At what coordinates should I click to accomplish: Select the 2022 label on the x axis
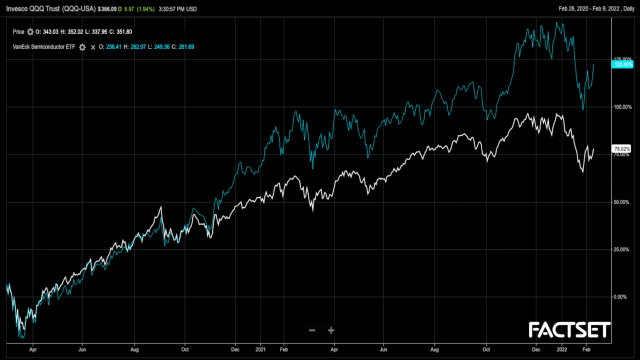pyautogui.click(x=562, y=350)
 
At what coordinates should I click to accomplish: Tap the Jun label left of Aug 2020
pyautogui.click(x=83, y=350)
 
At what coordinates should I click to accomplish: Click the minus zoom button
pyautogui.click(x=312, y=330)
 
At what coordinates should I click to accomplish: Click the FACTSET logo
pyautogui.click(x=569, y=330)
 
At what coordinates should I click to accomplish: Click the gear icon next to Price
pyautogui.click(x=30, y=31)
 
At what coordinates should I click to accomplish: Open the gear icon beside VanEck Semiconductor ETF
pyautogui.click(x=82, y=47)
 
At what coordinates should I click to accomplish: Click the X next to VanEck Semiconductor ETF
pyautogui.click(x=93, y=47)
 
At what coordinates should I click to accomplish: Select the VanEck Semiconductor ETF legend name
pyautogui.click(x=44, y=47)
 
